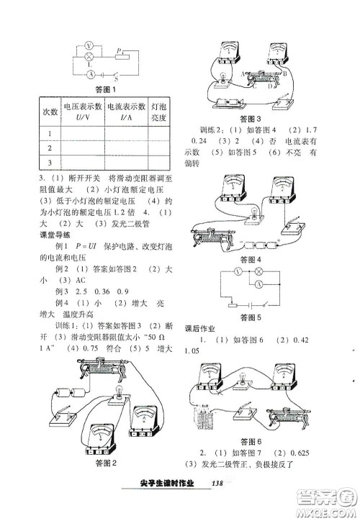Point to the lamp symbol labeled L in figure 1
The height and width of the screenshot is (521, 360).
[88, 58]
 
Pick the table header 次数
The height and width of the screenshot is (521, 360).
[49, 113]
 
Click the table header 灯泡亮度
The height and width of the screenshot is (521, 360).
[159, 113]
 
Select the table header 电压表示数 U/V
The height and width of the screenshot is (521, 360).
[83, 113]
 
